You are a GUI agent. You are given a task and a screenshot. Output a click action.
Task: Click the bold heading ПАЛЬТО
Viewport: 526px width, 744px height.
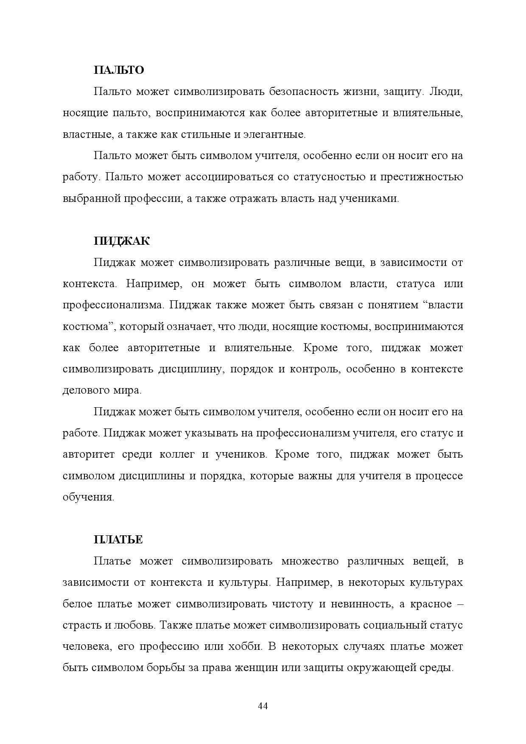pos(119,70)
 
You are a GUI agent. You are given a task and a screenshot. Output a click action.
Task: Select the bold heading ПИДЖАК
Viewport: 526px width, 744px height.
pos(122,241)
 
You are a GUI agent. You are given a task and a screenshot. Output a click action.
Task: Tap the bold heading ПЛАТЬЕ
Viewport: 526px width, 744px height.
pos(118,540)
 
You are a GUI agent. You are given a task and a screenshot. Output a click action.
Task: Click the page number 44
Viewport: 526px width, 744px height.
pos(263,706)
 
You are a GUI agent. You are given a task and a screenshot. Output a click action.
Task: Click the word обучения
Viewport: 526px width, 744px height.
pos(88,497)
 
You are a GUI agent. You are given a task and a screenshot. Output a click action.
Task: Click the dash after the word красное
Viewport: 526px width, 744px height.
pos(459,604)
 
